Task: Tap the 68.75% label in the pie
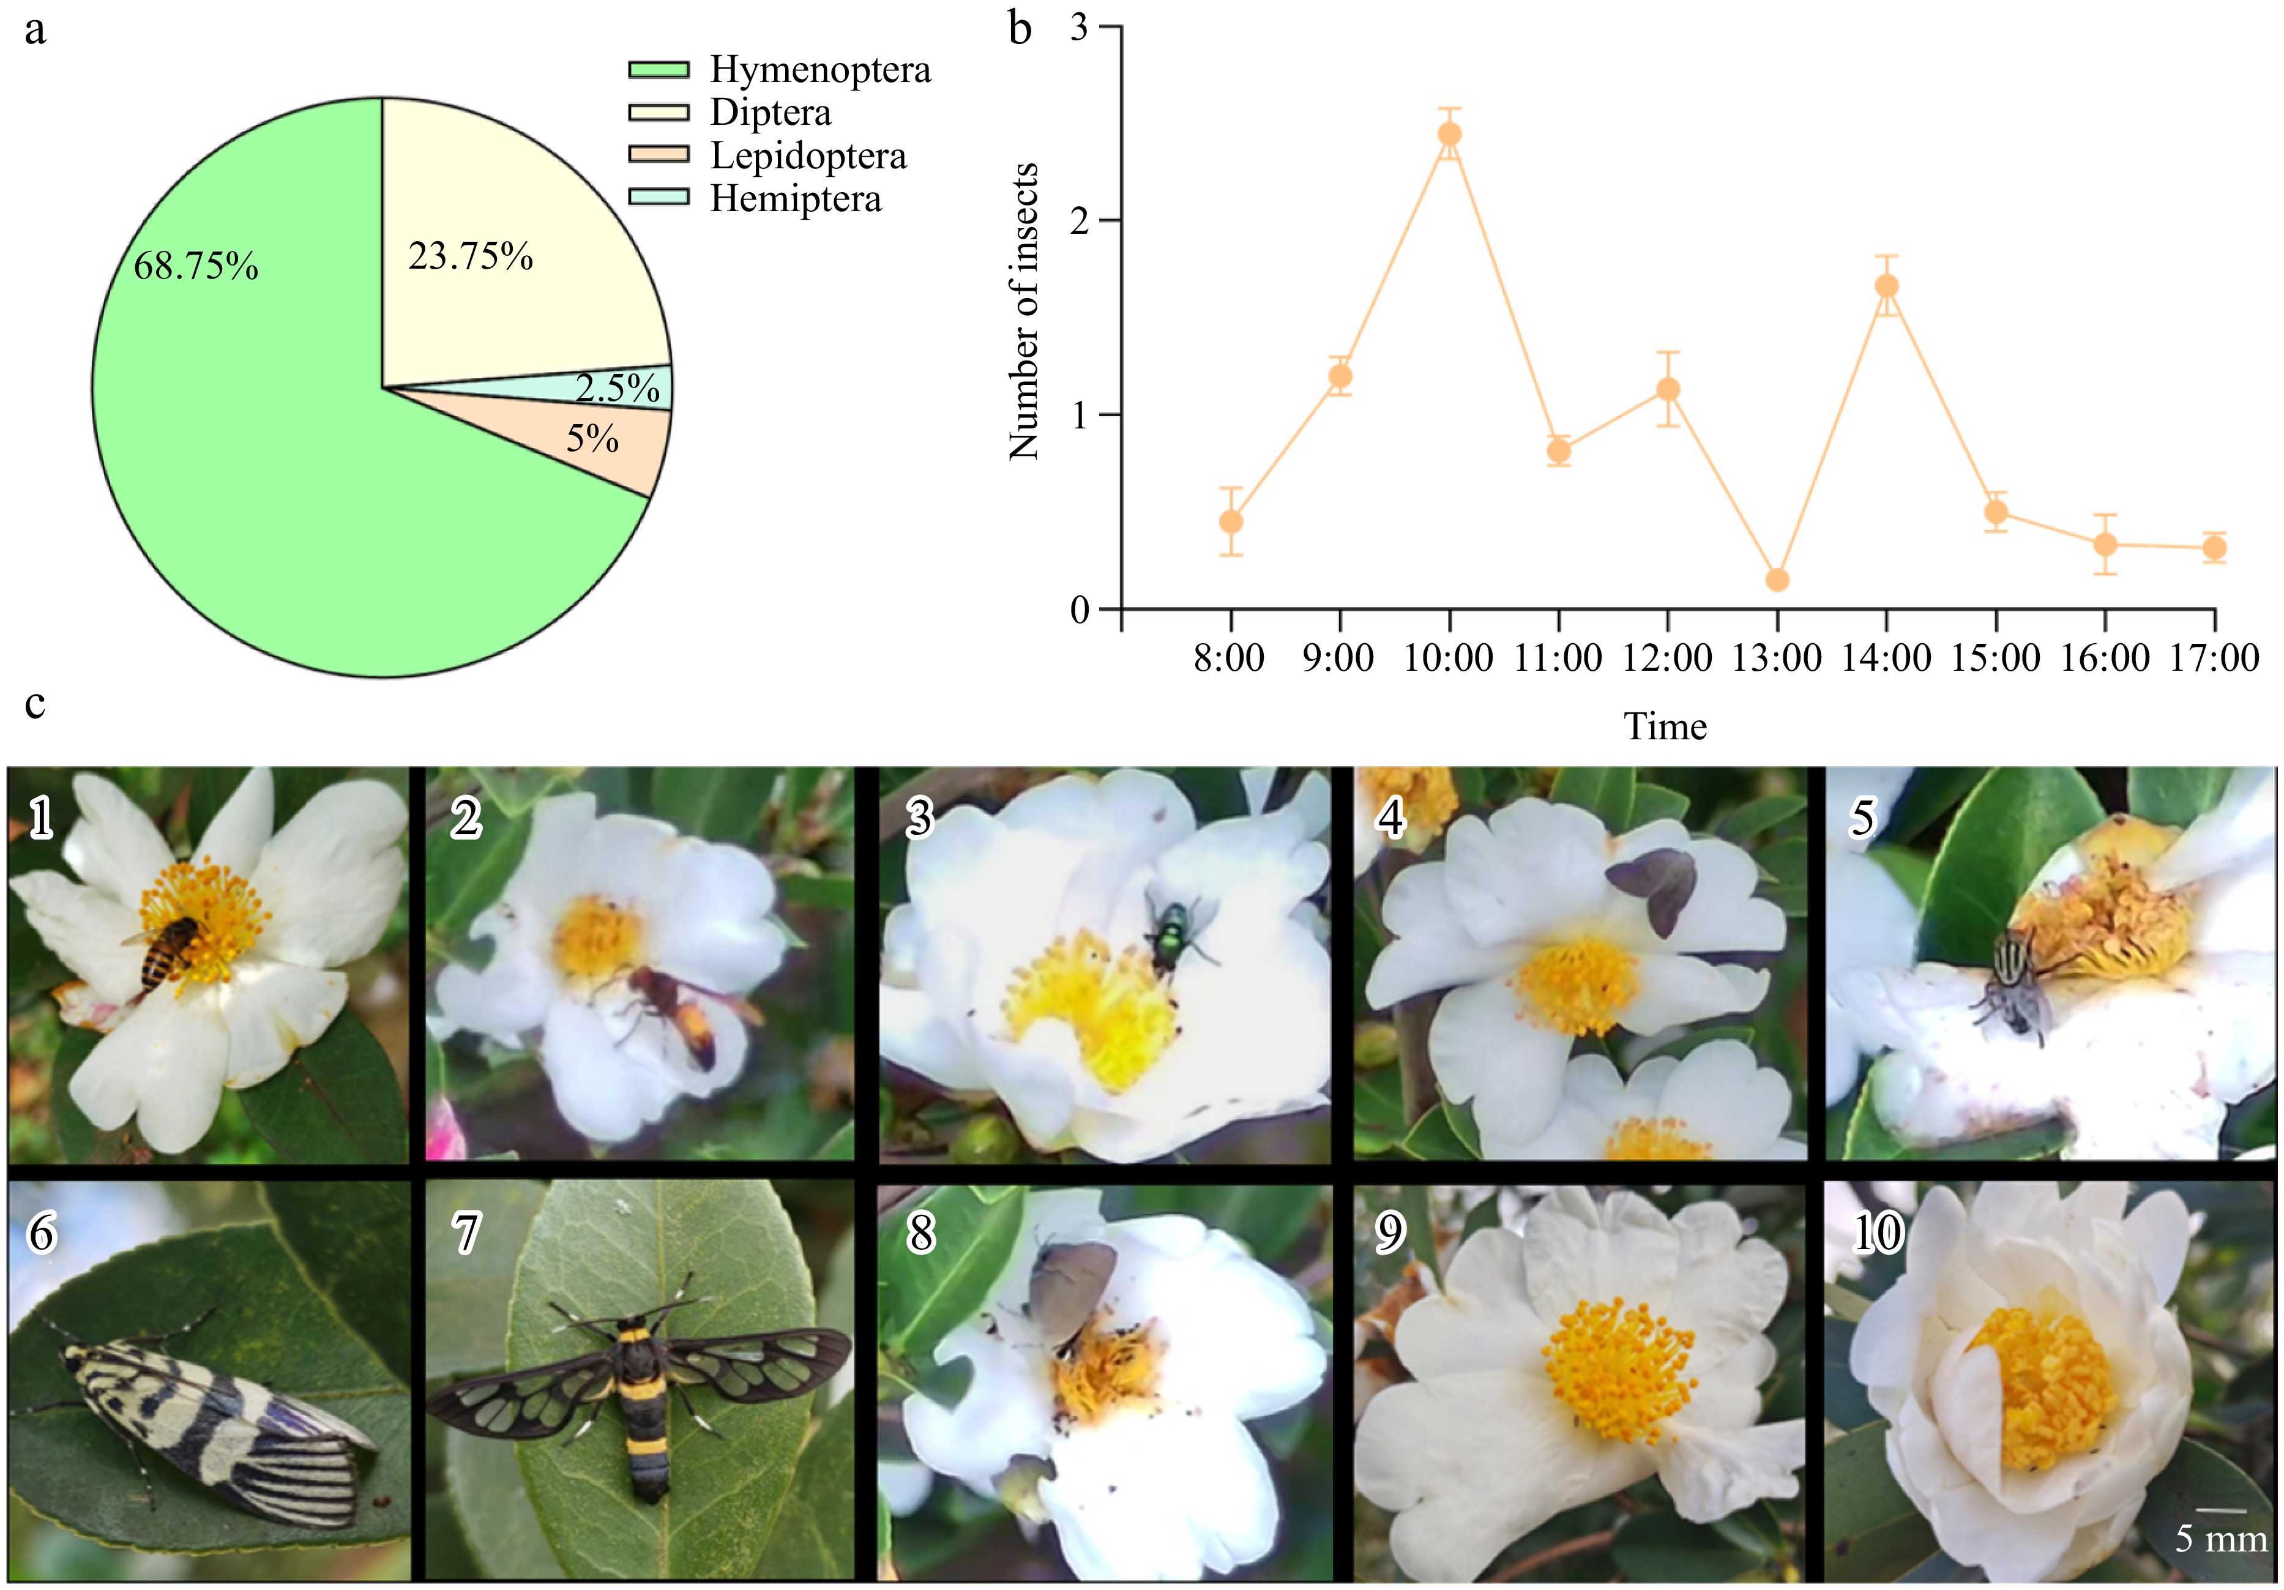196,267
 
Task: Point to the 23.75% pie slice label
471,256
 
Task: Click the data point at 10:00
1449,133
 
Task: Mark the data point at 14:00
1886,286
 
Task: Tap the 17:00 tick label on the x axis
2214,659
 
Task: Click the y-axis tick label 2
1080,221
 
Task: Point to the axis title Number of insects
1024,312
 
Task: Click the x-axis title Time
1665,727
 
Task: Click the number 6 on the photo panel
42,1234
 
